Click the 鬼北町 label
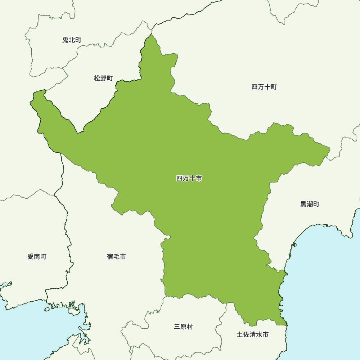[x=72, y=40]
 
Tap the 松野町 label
[x=103, y=78]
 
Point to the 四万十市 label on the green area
[x=189, y=178]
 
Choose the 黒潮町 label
[x=310, y=204]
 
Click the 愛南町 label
[x=37, y=257]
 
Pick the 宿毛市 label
[x=116, y=257]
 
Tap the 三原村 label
[x=183, y=327]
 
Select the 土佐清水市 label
[x=252, y=335]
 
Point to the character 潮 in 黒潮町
[x=310, y=204]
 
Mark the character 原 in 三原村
[x=183, y=327]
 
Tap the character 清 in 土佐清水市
[x=252, y=335]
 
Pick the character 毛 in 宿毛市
[x=116, y=257]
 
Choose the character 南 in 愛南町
[x=37, y=257]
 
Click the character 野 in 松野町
[x=103, y=78]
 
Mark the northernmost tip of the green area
[x=152, y=34]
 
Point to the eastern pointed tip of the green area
[x=329, y=148]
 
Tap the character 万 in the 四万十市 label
[x=186, y=178]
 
